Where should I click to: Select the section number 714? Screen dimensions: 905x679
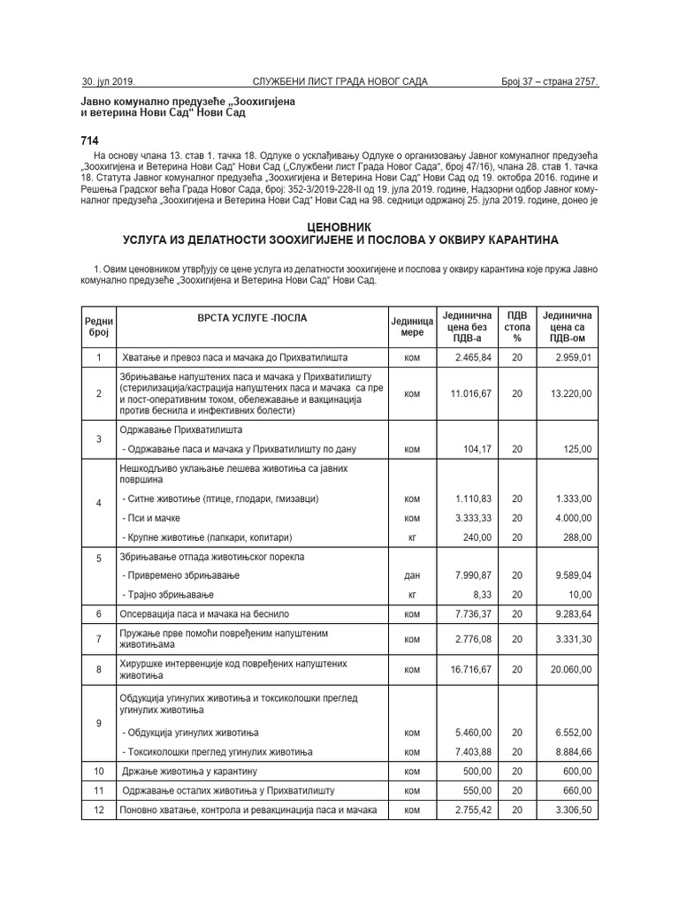tap(90, 141)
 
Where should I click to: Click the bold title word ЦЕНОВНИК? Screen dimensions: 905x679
tap(339, 227)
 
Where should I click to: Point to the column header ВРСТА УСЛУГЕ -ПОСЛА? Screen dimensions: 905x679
tap(247, 316)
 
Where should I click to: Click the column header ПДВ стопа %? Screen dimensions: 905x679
tap(517, 326)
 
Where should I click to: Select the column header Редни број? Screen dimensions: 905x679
tap(98, 326)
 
